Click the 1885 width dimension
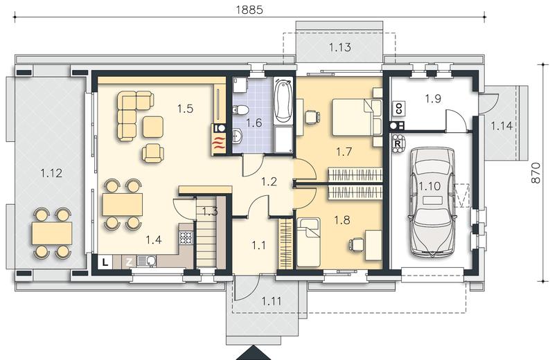click(249, 10)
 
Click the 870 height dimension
click(535, 172)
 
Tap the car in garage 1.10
click(432, 201)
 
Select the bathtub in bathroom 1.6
click(283, 100)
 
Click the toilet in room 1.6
click(240, 110)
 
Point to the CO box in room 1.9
click(398, 108)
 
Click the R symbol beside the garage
click(398, 144)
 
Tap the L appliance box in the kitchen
click(105, 262)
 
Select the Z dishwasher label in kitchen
click(129, 262)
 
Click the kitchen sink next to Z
click(147, 261)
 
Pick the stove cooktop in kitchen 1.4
click(186, 238)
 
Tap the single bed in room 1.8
click(309, 242)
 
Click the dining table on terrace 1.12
click(52, 233)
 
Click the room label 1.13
click(340, 47)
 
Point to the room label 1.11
click(271, 301)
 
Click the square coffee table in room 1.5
click(153, 127)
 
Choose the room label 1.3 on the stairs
click(210, 211)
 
